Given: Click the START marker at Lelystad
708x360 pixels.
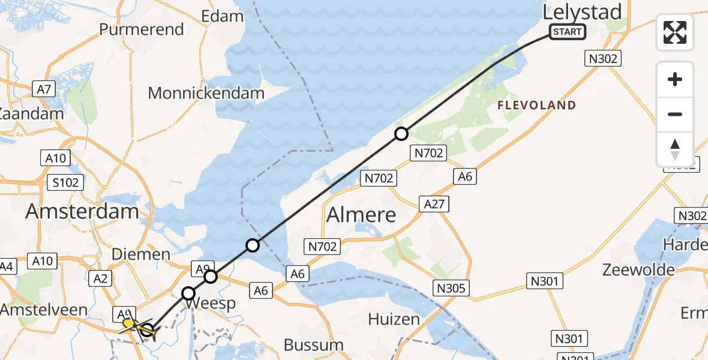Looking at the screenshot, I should (567, 31).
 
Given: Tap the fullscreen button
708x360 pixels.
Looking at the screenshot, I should (675, 32).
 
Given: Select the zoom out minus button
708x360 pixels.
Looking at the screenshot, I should (675, 114).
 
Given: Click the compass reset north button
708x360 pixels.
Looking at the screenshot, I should (675, 149).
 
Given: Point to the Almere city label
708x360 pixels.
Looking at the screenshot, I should (361, 214).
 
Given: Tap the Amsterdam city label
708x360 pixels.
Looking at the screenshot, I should (82, 211).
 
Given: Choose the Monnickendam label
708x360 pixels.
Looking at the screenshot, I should (206, 93).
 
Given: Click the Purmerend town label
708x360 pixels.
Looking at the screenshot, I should (142, 29).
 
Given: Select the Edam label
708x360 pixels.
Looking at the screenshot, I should (223, 16).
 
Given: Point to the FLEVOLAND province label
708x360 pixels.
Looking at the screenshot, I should (536, 106).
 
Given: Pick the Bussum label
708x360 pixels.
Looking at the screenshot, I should (313, 345).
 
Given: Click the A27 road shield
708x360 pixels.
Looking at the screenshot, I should (434, 204).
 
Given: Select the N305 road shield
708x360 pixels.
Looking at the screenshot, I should (452, 289).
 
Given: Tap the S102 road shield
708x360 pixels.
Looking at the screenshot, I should (65, 182).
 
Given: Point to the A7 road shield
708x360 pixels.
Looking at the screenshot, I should (44, 89).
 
